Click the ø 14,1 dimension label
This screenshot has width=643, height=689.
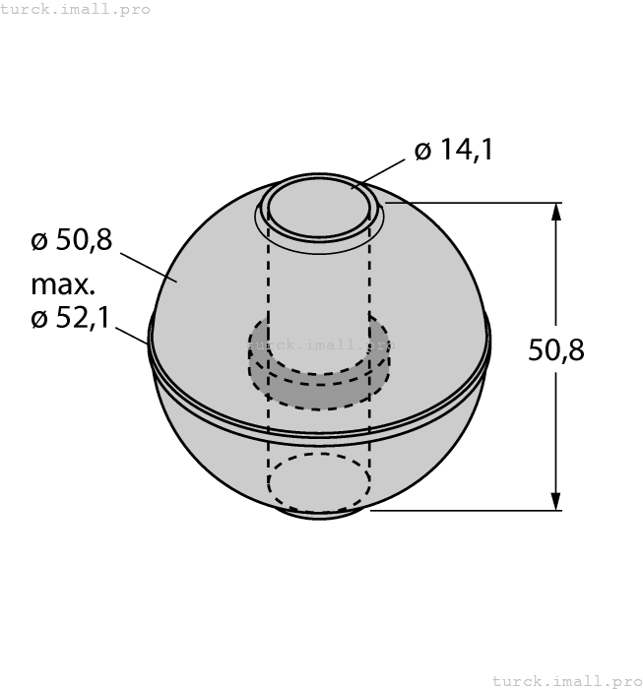[x=453, y=151]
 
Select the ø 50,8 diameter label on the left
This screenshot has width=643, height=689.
[x=72, y=239]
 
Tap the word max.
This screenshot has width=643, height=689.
[x=63, y=285]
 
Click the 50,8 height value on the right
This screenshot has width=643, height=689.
[x=556, y=349]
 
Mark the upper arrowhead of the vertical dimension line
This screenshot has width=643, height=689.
[x=557, y=213]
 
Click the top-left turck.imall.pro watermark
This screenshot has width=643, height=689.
[x=76, y=9]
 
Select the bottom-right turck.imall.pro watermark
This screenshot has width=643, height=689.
[x=566, y=680]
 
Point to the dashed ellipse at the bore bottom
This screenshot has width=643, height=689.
[x=319, y=482]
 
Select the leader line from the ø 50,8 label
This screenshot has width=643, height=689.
[x=148, y=266]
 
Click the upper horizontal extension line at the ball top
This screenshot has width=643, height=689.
[x=473, y=203]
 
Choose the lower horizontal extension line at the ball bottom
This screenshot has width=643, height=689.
[x=463, y=511]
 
